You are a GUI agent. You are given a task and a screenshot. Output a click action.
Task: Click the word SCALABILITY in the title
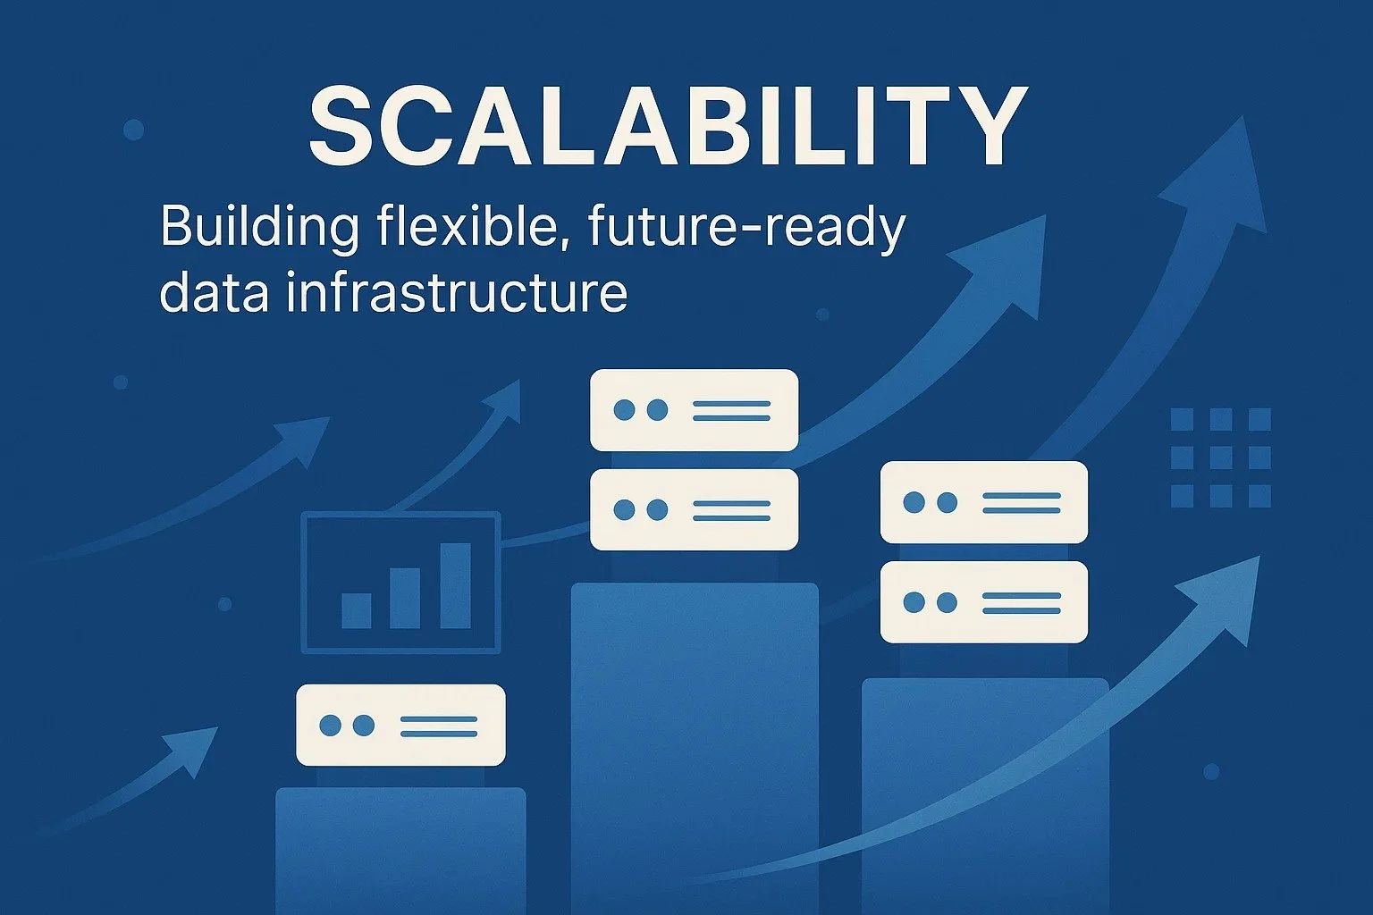667,126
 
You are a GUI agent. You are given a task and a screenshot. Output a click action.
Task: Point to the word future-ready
746,229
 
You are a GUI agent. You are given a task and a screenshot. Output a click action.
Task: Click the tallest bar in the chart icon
455,585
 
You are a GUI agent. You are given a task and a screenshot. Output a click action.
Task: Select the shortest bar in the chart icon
357,610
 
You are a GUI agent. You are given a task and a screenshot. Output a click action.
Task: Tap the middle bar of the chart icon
405,598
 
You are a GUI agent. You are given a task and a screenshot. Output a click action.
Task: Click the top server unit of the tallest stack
694,410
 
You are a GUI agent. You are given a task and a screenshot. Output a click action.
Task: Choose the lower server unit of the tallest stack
694,509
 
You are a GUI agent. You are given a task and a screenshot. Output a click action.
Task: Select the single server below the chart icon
400,725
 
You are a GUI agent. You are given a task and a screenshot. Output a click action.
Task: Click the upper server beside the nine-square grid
983,501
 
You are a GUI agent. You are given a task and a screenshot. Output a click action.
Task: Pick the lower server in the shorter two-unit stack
983,601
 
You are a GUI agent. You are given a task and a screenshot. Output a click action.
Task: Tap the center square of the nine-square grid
1221,457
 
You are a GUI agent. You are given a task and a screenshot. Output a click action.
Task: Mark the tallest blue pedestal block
694,742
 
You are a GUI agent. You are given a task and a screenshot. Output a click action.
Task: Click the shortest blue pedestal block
400,849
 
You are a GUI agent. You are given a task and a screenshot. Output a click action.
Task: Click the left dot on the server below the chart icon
330,725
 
